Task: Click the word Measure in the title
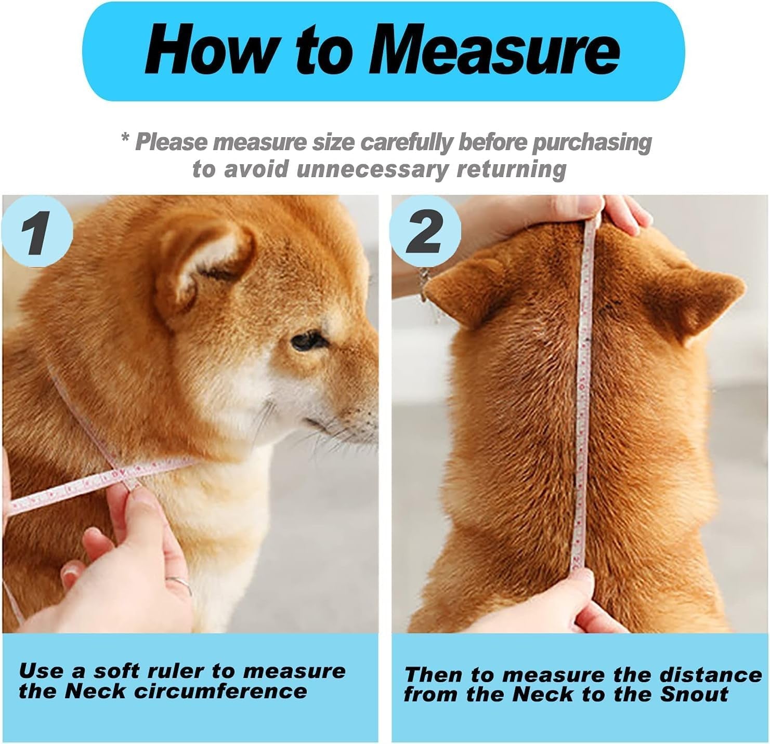pos(494,51)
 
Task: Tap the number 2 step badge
pos(425,232)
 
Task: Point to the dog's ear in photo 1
pos(208,265)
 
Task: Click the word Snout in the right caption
pos(694,695)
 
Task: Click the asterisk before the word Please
pos(125,138)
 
